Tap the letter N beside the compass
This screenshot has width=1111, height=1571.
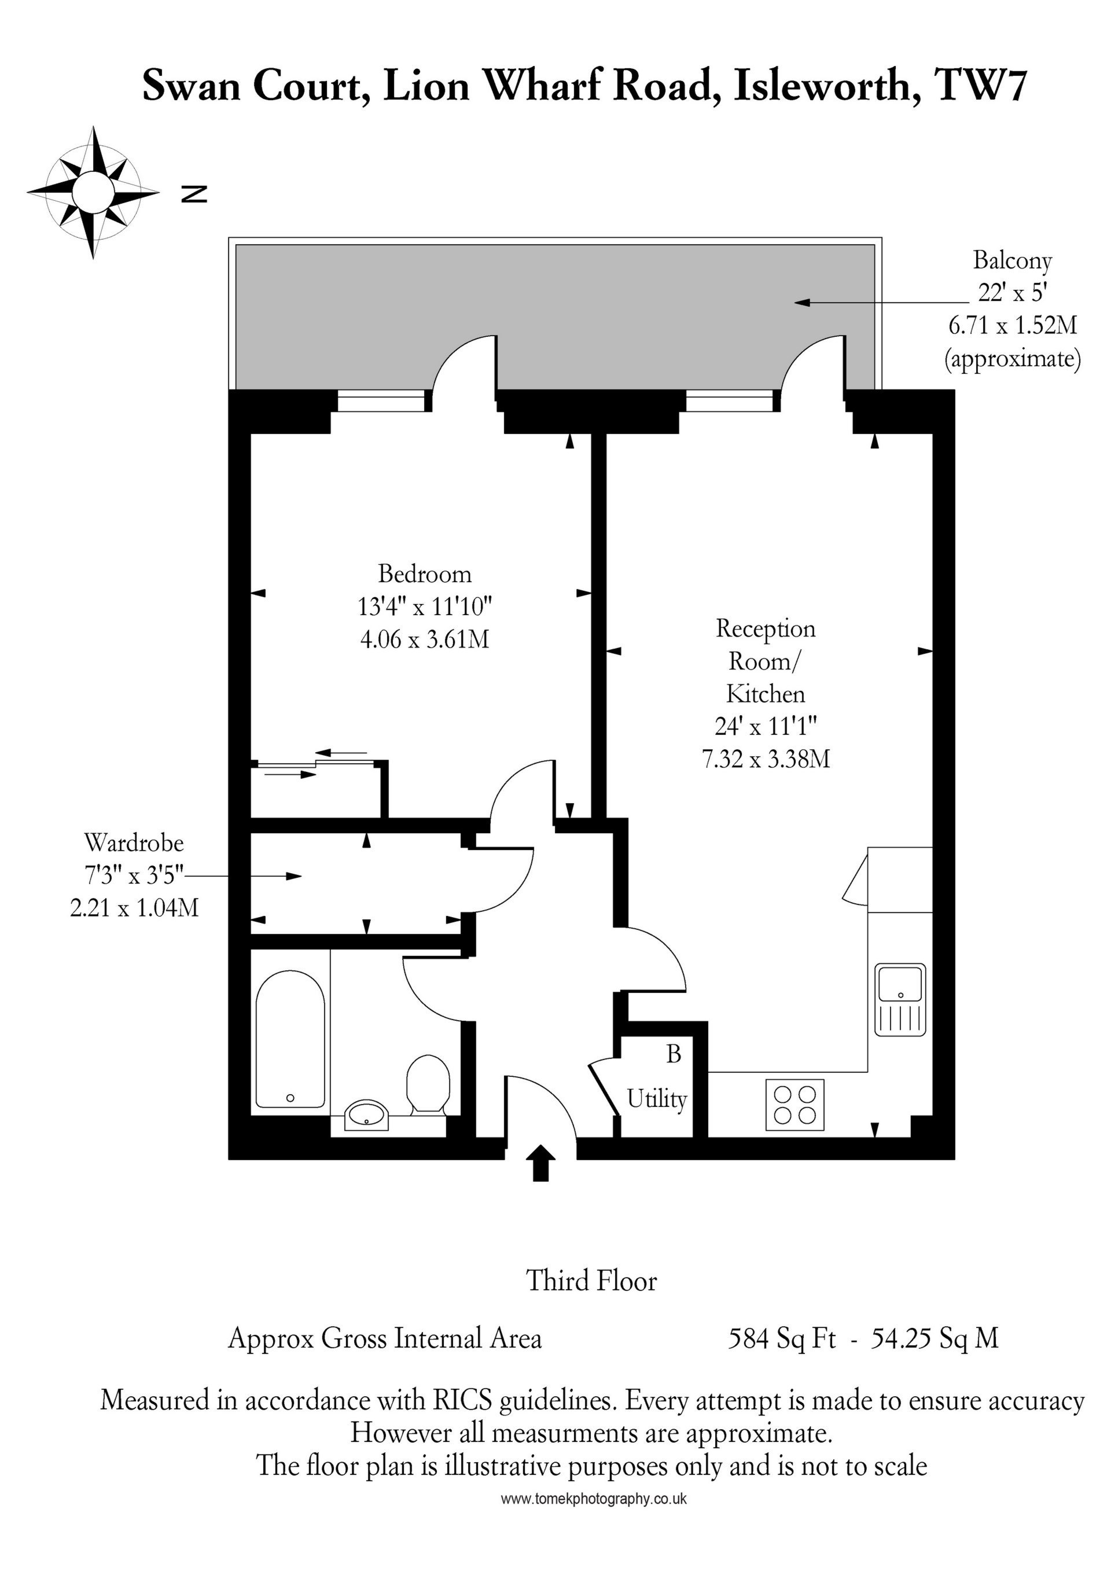(194, 194)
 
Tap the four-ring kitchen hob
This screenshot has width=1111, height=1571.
(794, 1105)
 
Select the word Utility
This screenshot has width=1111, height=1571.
(657, 1099)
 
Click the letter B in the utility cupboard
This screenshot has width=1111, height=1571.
(674, 1054)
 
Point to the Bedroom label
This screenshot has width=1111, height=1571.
(425, 573)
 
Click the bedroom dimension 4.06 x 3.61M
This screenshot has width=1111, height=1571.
(424, 639)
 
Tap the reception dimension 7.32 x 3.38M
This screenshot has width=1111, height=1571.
(766, 759)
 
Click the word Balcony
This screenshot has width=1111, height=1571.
(1012, 261)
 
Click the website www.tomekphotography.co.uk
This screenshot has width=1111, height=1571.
(593, 1499)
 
